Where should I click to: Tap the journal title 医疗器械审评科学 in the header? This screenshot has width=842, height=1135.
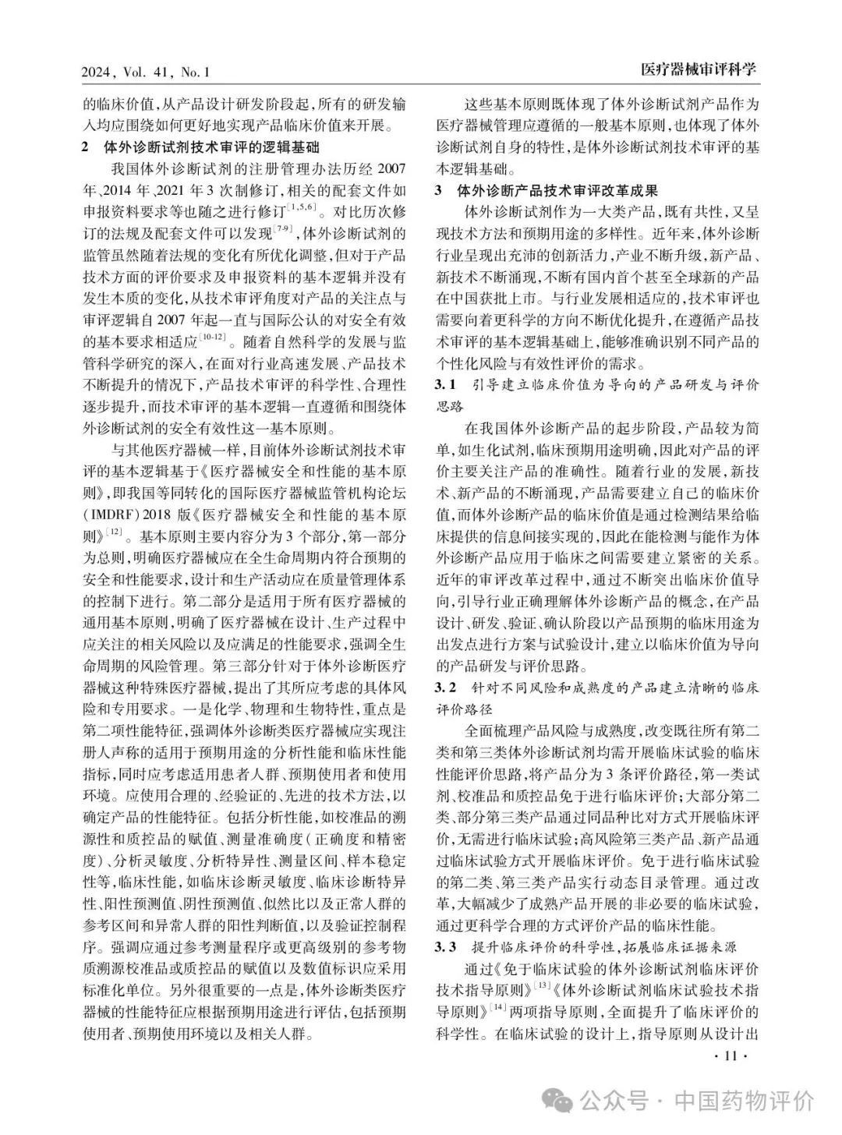[699, 71]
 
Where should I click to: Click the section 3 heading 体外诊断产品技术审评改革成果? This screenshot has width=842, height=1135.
[557, 190]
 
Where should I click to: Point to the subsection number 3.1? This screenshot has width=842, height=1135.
[445, 385]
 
